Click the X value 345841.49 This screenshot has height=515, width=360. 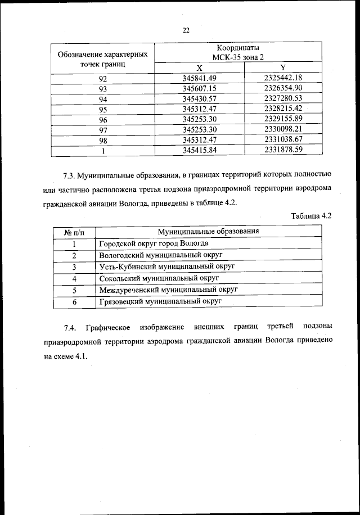200,78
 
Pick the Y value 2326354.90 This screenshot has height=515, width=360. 283,88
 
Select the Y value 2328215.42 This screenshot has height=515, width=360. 283,109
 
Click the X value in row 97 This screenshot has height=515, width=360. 200,130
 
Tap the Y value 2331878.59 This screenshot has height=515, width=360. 283,150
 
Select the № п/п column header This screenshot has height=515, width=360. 74,232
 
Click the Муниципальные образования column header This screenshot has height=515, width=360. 208,232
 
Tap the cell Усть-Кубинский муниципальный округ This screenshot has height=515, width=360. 166,266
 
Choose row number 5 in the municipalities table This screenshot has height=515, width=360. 74,290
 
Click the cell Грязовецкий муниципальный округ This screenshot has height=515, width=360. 160,301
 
